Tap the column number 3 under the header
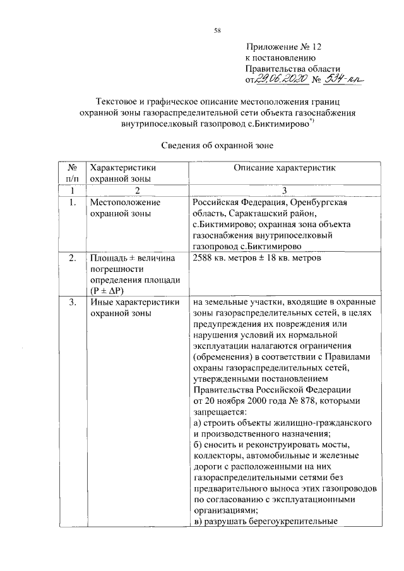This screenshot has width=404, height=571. tap(285, 191)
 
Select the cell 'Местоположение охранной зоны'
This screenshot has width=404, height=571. tap(125, 208)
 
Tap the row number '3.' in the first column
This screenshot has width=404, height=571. tap(73, 302)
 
